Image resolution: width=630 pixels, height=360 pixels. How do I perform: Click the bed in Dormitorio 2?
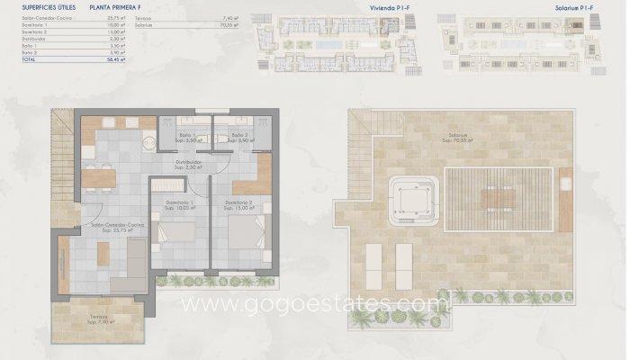(244, 235)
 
